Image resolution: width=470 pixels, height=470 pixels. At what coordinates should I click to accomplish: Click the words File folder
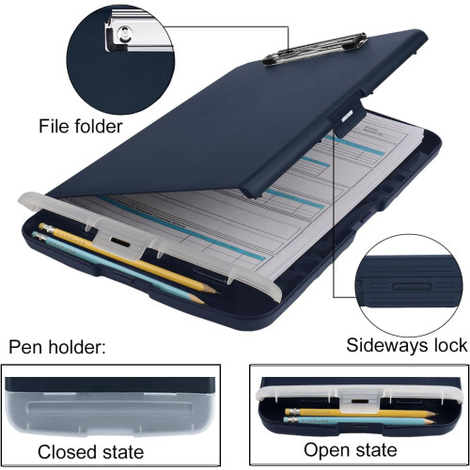(80, 127)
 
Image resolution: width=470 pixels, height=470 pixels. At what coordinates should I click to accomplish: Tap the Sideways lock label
(406, 345)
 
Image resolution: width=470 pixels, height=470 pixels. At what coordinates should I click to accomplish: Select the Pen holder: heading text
(57, 347)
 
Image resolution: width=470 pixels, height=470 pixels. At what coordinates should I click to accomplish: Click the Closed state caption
(90, 452)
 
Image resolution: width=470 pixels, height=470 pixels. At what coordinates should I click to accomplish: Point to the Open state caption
(351, 450)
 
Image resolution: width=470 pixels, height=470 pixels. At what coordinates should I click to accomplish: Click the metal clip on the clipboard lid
(315, 49)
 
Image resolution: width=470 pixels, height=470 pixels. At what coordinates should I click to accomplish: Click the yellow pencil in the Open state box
(360, 413)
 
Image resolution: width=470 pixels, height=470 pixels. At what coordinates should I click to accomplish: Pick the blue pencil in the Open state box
(360, 421)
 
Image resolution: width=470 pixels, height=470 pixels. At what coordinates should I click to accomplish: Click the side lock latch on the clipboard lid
(348, 117)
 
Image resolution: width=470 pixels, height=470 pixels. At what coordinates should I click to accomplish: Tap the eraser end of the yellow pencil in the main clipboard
(44, 227)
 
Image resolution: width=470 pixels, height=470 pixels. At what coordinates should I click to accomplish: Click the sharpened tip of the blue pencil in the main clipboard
(203, 304)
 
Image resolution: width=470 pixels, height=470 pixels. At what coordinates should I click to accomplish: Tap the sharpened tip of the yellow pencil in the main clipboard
(216, 292)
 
